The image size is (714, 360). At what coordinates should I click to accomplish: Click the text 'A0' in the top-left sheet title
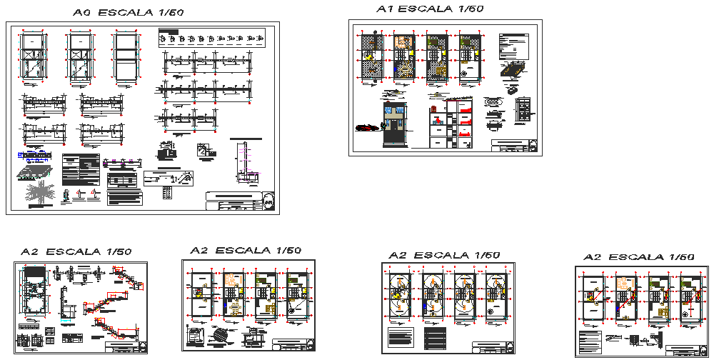[x=83, y=13]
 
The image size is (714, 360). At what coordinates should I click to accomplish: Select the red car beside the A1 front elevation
[x=368, y=127]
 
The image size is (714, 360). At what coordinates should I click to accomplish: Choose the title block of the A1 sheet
[x=513, y=146]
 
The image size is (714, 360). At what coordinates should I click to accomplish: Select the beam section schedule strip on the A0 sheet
[x=211, y=37]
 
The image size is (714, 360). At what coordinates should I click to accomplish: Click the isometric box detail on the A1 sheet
[x=513, y=71]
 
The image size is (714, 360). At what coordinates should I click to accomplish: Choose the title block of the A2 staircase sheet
[x=126, y=347]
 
